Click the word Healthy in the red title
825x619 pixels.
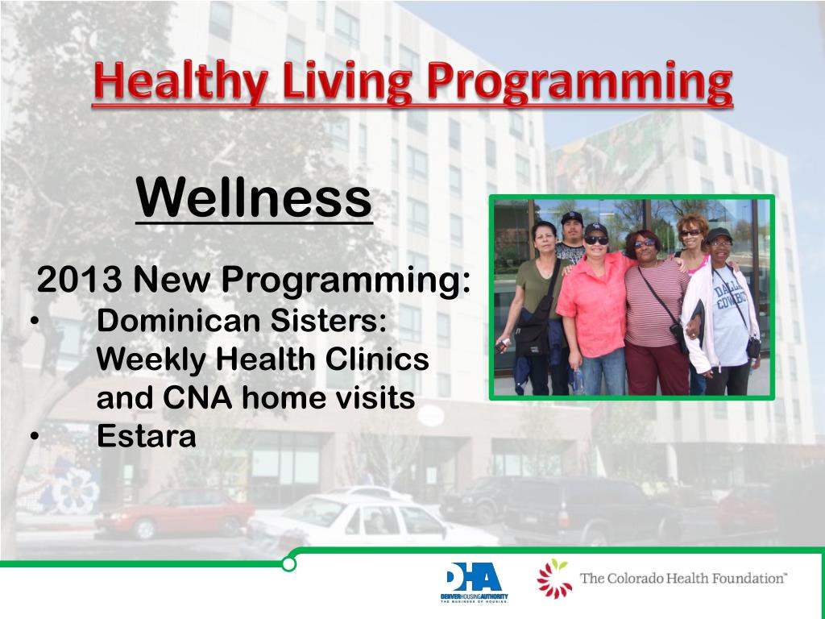tap(180, 83)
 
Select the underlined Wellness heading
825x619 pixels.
tap(254, 198)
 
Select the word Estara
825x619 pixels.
tap(147, 436)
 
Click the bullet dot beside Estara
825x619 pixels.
tap(35, 436)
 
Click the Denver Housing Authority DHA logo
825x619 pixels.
tap(474, 581)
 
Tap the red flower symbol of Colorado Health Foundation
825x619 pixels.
tap(554, 578)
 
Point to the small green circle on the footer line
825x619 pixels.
tap(288, 564)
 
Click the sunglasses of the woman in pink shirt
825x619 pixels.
tap(596, 240)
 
